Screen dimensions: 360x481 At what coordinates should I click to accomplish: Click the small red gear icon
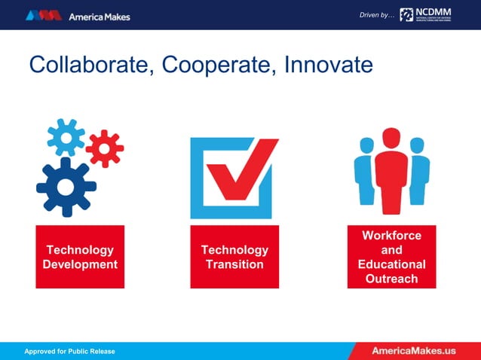(x=104, y=148)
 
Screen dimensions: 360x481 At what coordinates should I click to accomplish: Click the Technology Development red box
(x=80, y=257)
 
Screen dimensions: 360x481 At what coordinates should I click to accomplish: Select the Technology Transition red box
(x=234, y=257)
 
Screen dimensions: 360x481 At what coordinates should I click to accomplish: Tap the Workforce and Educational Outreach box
(x=391, y=257)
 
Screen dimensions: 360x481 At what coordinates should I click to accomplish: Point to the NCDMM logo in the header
(x=426, y=14)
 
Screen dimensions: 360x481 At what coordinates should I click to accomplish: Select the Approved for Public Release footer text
(x=69, y=352)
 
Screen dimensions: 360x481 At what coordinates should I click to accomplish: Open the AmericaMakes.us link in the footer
(x=414, y=351)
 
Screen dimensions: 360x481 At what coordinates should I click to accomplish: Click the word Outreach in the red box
(x=391, y=279)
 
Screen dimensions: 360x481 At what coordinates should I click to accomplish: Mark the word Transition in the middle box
(x=234, y=264)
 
